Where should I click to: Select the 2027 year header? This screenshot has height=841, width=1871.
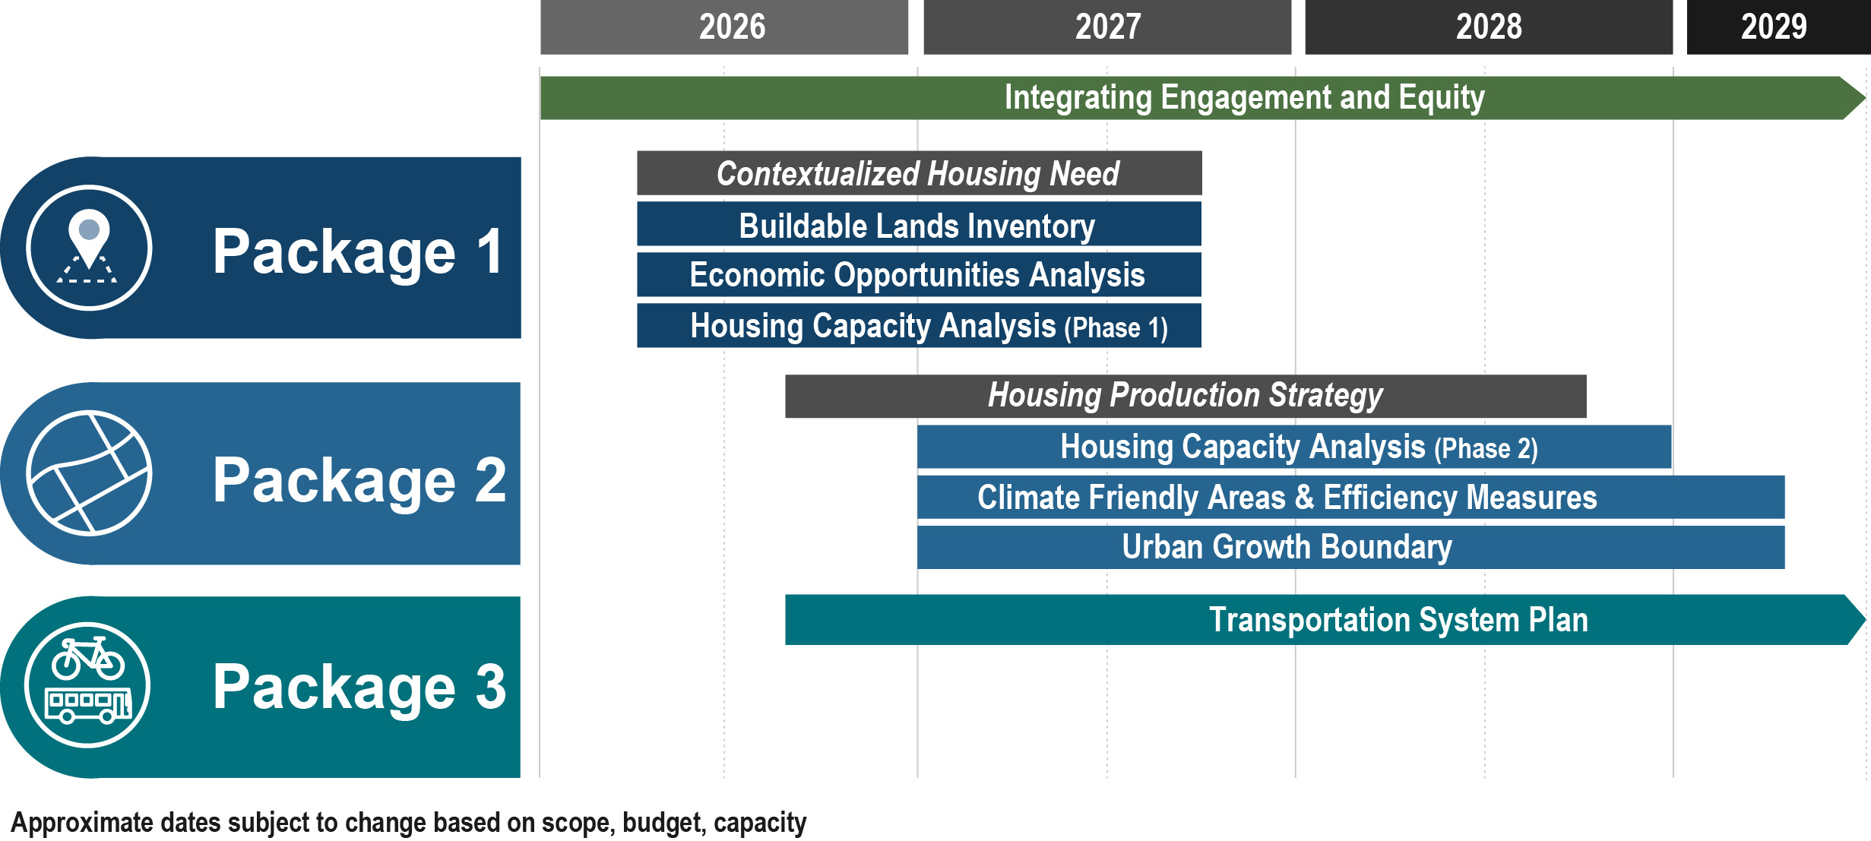click(x=1107, y=27)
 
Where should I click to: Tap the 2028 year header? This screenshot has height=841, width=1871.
click(x=1489, y=27)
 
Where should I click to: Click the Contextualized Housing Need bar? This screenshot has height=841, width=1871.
click(x=919, y=173)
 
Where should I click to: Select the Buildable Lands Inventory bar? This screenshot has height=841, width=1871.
click(x=919, y=225)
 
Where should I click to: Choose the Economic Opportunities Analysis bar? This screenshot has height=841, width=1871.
click(x=919, y=275)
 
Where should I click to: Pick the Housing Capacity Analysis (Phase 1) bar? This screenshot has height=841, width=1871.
click(x=919, y=326)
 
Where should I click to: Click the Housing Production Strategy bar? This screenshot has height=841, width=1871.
click(x=1186, y=396)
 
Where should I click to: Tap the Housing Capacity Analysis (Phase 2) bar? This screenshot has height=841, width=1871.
click(x=1293, y=447)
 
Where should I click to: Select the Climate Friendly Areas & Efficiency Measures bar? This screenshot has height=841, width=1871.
click(x=1350, y=498)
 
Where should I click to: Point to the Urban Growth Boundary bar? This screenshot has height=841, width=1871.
click(x=1350, y=547)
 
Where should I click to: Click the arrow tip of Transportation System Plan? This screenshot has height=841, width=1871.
click(x=1854, y=620)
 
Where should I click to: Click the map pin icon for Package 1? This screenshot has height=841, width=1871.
click(x=89, y=238)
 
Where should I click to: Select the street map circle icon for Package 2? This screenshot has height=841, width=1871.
click(x=89, y=473)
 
